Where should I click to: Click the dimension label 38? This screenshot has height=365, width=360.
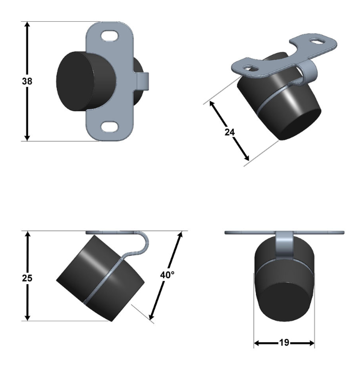(27, 81)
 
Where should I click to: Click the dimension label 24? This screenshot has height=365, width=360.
(229, 132)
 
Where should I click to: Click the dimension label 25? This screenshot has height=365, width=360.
(27, 278)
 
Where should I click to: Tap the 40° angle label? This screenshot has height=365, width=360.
(167, 275)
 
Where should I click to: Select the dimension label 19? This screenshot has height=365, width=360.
(284, 343)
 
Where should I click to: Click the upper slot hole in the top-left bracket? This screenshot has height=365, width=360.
(110, 36)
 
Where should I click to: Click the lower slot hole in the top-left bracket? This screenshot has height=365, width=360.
(110, 127)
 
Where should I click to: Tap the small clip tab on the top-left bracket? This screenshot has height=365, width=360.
(142, 81)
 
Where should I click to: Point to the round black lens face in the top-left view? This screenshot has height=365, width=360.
(75, 81)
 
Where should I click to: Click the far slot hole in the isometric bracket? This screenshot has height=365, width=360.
(317, 41)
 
